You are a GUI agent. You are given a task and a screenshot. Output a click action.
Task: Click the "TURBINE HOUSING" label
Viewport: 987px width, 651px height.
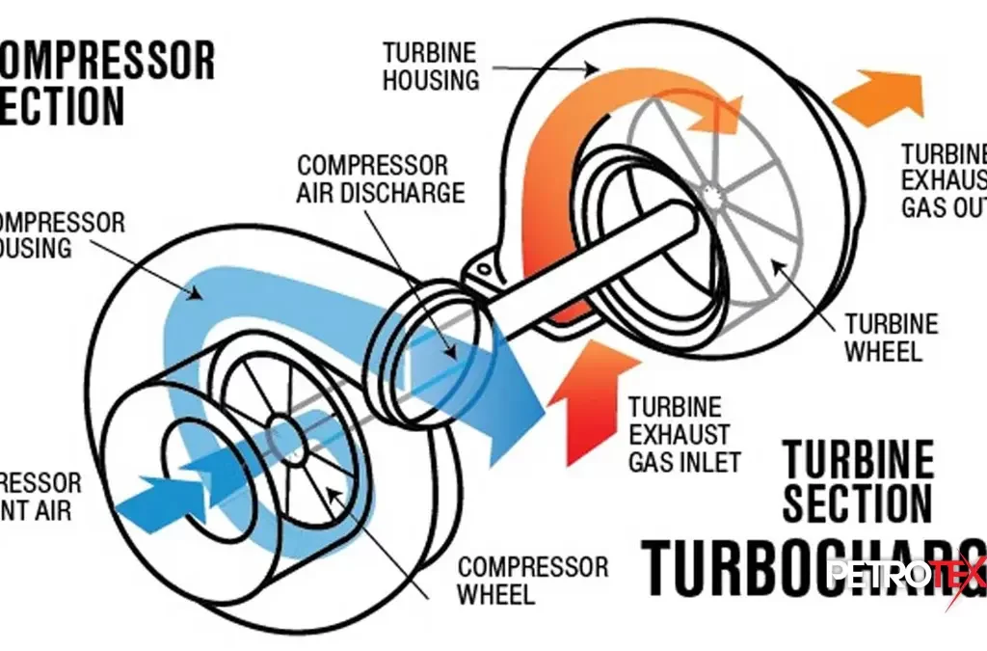431,66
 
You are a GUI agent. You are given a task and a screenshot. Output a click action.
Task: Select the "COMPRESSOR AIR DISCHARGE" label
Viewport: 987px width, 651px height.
381,178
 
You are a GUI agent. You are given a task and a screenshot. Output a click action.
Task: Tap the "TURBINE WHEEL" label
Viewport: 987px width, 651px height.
891,337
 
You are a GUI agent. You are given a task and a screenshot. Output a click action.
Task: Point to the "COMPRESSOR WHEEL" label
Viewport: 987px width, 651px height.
533,580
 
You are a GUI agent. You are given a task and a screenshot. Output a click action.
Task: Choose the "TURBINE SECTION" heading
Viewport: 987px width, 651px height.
857,483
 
